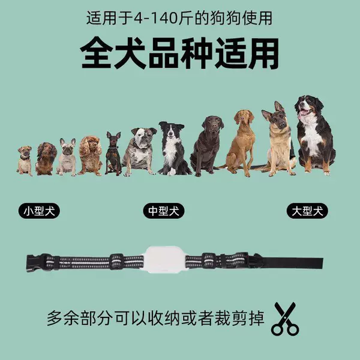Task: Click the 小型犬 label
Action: pyautogui.click(x=39, y=211)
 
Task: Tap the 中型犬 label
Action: pyautogui.click(x=163, y=211)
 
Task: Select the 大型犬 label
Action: pyautogui.click(x=307, y=211)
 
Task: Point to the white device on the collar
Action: pyautogui.click(x=165, y=259)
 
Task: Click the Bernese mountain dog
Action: pyautogui.click(x=314, y=136)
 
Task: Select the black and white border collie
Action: pyautogui.click(x=173, y=149)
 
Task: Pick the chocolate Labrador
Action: pyautogui.click(x=208, y=146)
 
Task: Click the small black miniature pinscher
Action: pyautogui.click(x=113, y=154)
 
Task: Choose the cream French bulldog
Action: pyautogui.click(x=67, y=157)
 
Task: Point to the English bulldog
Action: pyautogui.click(x=140, y=152)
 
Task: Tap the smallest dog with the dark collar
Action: pyautogui.click(x=25, y=161)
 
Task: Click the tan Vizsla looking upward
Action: pyautogui.click(x=241, y=143)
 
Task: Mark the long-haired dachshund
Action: pyautogui.click(x=46, y=159)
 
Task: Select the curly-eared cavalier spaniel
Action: pyautogui.click(x=90, y=156)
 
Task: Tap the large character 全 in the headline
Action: pyautogui.click(x=97, y=53)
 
